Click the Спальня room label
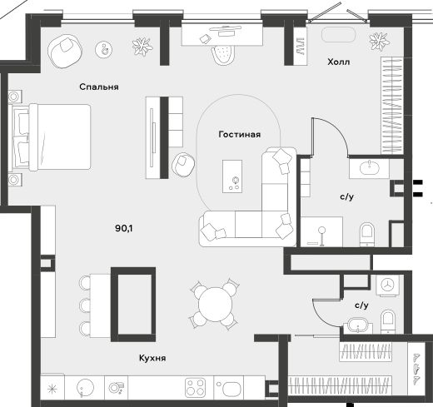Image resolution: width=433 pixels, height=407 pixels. tap(98, 86)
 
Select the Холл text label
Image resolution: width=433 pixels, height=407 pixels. tap(339, 62)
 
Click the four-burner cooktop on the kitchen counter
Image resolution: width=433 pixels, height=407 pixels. tap(197, 387)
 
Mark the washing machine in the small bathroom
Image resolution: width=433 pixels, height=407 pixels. tap(386, 285)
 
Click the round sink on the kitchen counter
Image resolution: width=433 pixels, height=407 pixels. tap(85, 387)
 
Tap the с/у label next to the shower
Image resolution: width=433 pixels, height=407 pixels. tap(347, 197)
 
